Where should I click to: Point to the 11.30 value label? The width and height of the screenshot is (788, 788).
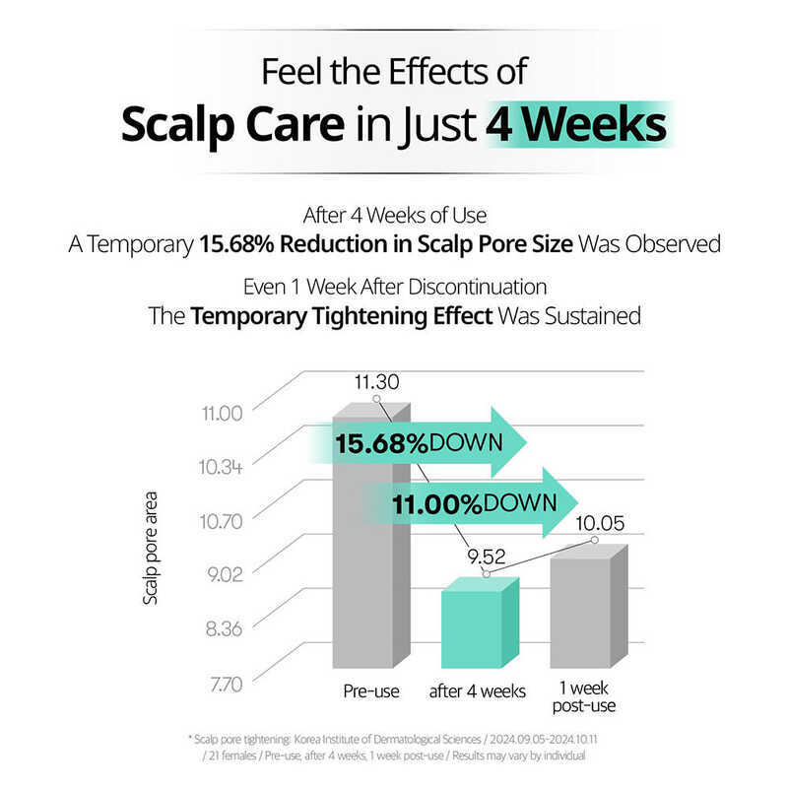pyautogui.click(x=377, y=380)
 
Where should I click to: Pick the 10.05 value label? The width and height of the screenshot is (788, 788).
pyautogui.click(x=596, y=522)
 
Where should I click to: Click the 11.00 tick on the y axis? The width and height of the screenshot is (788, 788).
pyautogui.click(x=221, y=413)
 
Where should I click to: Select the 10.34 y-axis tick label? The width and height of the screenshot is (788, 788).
pyautogui.click(x=221, y=466)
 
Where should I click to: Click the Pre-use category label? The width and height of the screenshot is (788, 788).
pyautogui.click(x=371, y=690)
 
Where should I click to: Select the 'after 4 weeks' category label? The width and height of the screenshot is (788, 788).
pyautogui.click(x=478, y=690)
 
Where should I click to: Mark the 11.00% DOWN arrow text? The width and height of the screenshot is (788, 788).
pyautogui.click(x=467, y=503)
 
